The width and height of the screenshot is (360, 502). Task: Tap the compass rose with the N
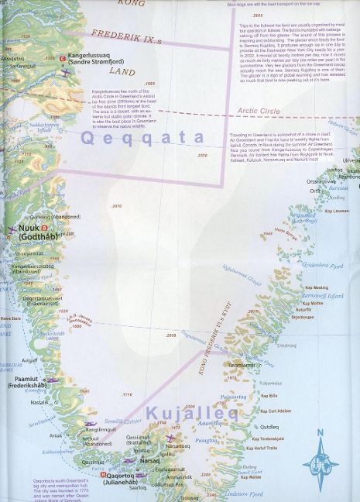point(319,459)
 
